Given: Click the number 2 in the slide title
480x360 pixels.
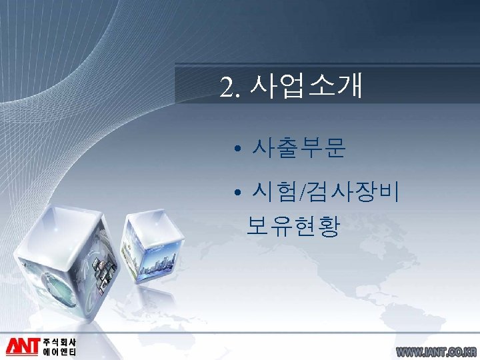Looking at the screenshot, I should tap(227, 87).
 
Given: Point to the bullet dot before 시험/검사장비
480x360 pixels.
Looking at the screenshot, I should tap(238, 195).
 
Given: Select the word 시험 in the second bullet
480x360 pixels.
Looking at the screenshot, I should tap(275, 193).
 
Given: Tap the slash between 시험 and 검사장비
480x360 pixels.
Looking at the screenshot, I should tap(304, 194).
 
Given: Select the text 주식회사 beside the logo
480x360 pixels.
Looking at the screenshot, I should tap(59, 341).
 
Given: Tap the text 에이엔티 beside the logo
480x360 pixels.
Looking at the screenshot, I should tap(59, 352).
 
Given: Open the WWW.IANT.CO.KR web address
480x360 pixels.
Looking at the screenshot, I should tap(436, 351).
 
